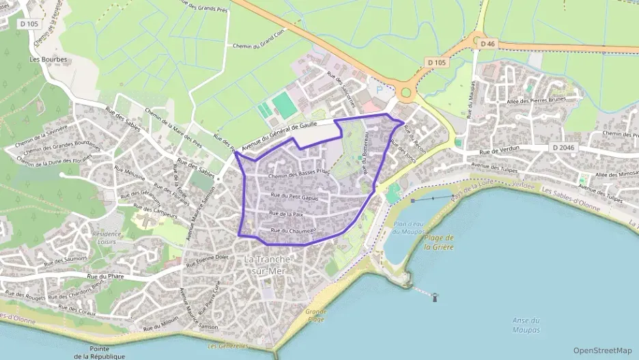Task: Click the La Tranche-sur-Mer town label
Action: click(x=268, y=265)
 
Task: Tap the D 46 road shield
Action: click(x=487, y=44)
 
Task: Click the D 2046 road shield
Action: click(x=563, y=148)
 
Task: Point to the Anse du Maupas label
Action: click(x=526, y=325)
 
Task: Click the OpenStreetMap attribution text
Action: click(x=602, y=350)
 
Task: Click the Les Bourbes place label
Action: click(x=48, y=59)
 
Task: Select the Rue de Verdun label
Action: click(x=500, y=148)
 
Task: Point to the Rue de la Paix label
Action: click(x=286, y=214)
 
